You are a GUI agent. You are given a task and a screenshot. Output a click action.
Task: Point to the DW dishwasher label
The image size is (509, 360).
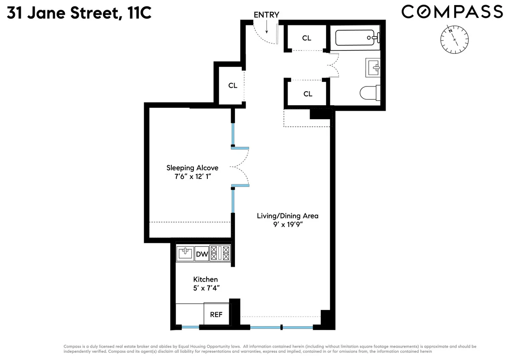201,254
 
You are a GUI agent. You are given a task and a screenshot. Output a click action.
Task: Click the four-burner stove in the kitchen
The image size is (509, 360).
220,254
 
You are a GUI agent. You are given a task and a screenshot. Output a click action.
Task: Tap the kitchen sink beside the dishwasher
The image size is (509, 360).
185,254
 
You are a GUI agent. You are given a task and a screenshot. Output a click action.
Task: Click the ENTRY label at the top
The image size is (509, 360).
266,15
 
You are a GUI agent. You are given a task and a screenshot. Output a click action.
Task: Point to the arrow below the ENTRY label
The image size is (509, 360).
267,28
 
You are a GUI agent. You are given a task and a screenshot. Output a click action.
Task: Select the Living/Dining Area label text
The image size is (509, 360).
287,216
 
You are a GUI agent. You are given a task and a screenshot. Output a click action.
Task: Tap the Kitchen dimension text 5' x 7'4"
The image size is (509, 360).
206,288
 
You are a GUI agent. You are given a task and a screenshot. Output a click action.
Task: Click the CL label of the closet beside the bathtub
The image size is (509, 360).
307,38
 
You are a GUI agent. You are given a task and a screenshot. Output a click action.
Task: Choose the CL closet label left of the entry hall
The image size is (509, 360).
232,85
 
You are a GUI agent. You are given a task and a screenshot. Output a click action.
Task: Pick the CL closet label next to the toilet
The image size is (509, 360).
308,94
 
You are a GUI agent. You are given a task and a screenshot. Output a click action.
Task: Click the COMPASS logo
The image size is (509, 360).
452,11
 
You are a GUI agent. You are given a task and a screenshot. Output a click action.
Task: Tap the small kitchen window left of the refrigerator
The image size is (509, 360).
188,327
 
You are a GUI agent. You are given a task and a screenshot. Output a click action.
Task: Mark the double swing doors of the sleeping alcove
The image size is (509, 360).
241,167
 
